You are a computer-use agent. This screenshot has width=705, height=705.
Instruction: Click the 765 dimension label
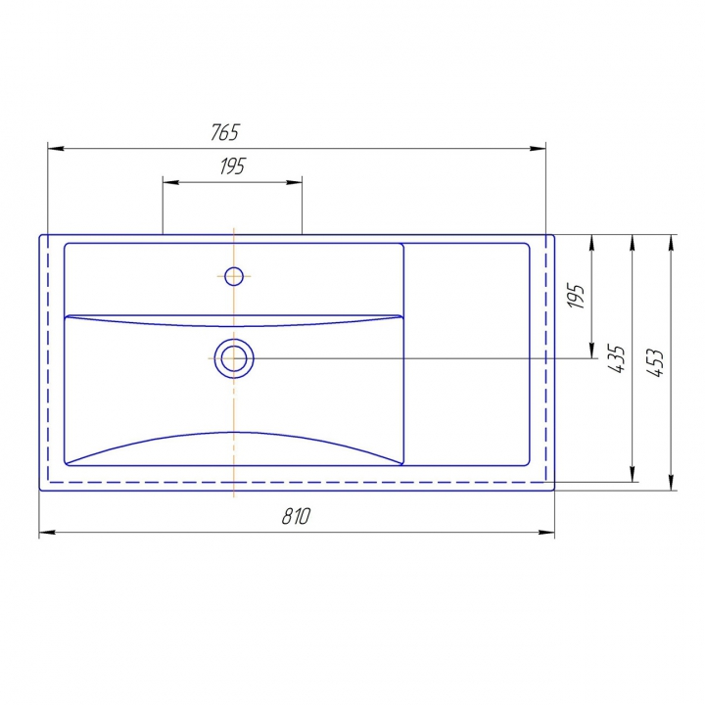[x=225, y=132]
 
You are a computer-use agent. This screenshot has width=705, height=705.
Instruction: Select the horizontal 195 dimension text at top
[x=232, y=166]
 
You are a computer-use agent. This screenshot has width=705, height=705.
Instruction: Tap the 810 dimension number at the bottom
[x=297, y=516]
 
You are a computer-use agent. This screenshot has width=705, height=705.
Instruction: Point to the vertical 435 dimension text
[x=617, y=358]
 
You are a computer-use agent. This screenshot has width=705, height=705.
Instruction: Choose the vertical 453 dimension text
[x=655, y=362]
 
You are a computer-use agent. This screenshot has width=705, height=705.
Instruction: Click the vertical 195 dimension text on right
[x=576, y=296]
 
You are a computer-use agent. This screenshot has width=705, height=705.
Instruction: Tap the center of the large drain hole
[x=234, y=358]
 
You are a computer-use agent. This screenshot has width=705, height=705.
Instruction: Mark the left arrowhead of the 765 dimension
[x=56, y=149]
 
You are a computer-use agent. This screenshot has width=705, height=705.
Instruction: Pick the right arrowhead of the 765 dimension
[x=538, y=149]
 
